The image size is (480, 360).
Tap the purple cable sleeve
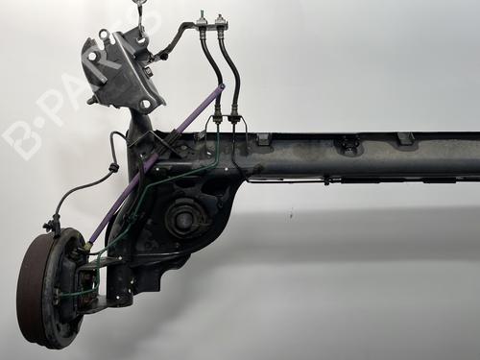(156, 162)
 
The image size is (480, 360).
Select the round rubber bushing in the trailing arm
(181, 219)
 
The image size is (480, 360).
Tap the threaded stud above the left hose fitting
(202, 16)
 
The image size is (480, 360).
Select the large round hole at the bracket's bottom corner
(146, 104)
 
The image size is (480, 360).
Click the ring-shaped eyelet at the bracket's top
(103, 33)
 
